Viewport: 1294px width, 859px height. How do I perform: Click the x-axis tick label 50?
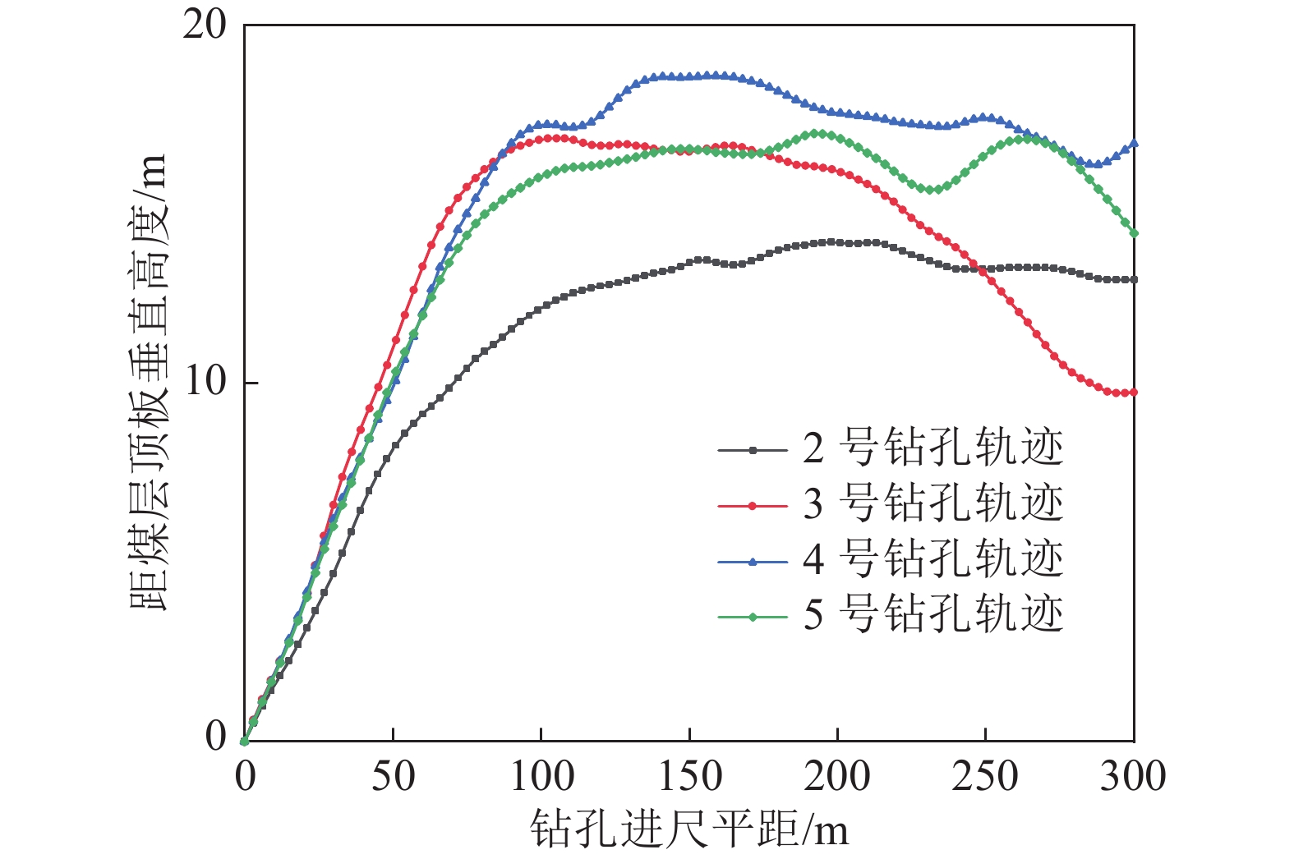[393, 776]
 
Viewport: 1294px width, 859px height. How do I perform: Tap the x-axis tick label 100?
[541, 776]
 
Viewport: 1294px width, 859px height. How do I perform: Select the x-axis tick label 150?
[689, 776]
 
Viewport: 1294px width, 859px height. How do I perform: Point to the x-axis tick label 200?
[837, 776]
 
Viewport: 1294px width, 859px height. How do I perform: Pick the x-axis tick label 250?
[985, 776]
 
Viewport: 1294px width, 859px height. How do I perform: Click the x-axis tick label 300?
[1133, 776]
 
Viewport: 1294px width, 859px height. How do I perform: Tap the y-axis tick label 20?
[204, 26]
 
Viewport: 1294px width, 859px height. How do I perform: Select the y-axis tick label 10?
[204, 382]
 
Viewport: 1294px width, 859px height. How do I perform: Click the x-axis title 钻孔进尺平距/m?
[688, 828]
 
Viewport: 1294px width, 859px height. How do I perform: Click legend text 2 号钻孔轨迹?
[933, 448]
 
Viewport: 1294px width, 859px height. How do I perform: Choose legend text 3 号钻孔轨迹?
[933, 503]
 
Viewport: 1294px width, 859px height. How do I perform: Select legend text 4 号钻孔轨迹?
[933, 558]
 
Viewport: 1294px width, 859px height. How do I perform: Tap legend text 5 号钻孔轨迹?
[933, 614]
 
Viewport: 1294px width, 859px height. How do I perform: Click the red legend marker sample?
[753, 505]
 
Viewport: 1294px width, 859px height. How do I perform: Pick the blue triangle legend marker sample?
[753, 560]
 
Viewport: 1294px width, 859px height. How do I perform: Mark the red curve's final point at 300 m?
[1134, 393]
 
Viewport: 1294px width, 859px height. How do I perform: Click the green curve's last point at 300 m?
[1134, 233]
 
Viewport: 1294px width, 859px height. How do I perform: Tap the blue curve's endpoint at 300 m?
[1134, 144]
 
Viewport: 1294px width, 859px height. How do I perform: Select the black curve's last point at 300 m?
[1134, 280]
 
